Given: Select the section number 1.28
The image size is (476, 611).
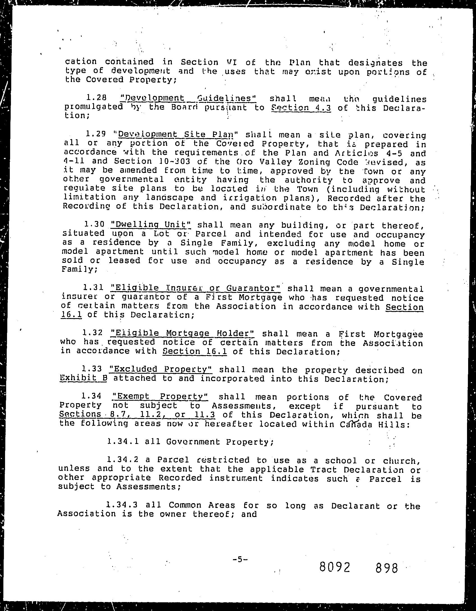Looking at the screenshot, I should [x=96, y=98].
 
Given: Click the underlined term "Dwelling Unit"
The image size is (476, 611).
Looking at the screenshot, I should [x=151, y=225].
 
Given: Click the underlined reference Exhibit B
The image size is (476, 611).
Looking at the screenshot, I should [x=84, y=378].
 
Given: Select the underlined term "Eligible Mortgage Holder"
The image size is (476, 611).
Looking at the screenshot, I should [x=182, y=333].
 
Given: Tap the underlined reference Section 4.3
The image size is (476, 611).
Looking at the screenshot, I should [x=301, y=108].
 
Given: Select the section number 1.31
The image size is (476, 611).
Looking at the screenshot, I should [x=93, y=288].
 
